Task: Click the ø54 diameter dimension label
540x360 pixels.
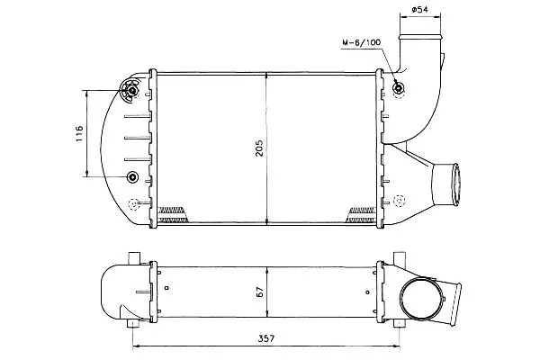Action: (x=419, y=9)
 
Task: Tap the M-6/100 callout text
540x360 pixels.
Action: (x=361, y=42)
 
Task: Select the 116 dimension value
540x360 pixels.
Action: (x=79, y=133)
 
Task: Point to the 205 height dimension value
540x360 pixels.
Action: (x=259, y=148)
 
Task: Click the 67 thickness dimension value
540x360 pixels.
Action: (x=260, y=292)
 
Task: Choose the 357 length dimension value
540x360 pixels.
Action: (x=266, y=338)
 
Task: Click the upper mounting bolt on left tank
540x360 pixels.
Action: (x=132, y=90)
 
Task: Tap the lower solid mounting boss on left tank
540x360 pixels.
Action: (x=132, y=176)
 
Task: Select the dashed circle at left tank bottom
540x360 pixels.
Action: (x=133, y=204)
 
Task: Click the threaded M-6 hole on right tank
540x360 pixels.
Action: (x=398, y=88)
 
